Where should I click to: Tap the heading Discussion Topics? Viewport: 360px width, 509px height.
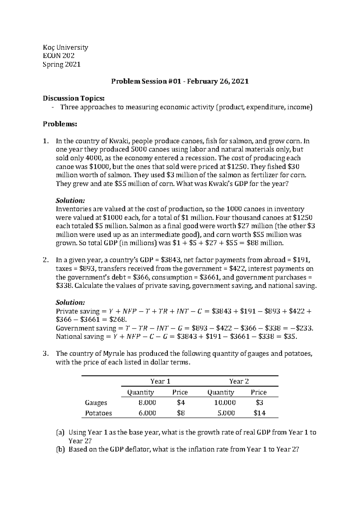coord(74,98)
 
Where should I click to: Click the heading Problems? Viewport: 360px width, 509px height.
coord(60,124)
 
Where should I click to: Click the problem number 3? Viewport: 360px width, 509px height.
coord(46,354)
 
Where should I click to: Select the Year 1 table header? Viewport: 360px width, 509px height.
coord(160,381)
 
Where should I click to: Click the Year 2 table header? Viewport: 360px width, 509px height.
coord(239,381)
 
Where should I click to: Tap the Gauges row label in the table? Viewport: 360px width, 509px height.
coord(96,403)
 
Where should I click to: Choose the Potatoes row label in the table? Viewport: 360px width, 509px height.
coord(98,413)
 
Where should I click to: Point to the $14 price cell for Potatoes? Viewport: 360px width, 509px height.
coord(259,413)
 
